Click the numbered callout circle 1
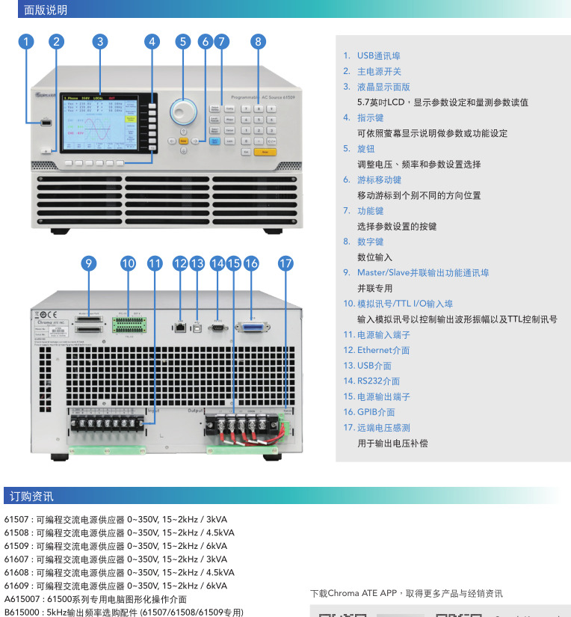pos(27,42)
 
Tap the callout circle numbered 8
pos(258,42)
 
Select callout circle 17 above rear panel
pos(285,263)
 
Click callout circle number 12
pos(180,263)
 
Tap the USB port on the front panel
pos(46,121)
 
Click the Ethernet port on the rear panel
pos(180,327)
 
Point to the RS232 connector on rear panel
pos(217,326)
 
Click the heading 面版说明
pos(45,10)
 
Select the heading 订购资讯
pos(31,497)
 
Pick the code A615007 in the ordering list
pos(21,599)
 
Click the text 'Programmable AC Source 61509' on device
pos(262,98)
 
